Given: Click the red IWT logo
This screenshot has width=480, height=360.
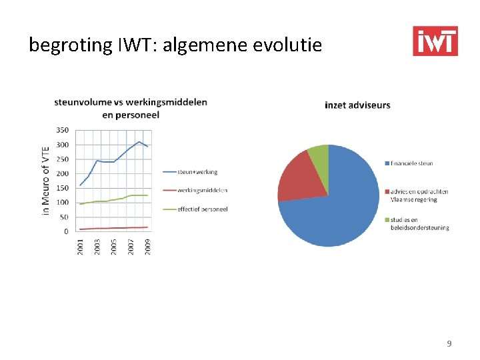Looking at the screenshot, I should pos(435,41).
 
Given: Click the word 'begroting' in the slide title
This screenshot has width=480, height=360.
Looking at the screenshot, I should pos(64,45).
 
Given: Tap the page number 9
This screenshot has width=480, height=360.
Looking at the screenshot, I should pos(449,343).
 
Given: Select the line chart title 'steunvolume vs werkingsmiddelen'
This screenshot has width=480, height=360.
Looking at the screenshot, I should pos(131,102).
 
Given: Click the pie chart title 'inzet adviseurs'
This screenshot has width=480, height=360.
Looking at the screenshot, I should pos(357,105).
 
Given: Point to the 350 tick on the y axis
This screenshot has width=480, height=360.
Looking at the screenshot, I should pos(61,130).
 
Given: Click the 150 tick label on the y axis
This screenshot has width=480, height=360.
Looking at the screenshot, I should pos(61,188).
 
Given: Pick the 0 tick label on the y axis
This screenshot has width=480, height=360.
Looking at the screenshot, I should pos(65,231).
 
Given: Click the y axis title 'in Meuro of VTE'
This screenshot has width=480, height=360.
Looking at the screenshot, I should pos(46,181).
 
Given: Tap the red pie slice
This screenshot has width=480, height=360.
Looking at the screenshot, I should pos(298,177).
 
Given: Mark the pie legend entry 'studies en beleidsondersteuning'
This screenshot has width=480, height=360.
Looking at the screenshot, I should pos(419,223).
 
